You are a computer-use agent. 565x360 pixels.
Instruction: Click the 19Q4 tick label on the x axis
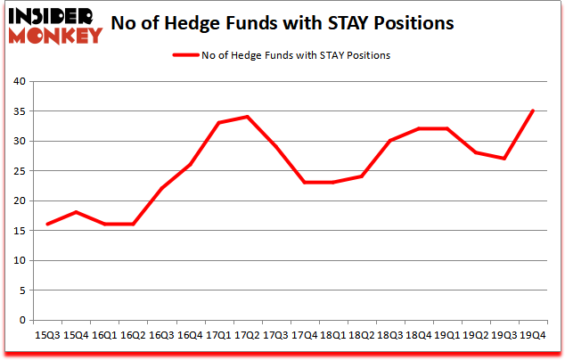coord(534,336)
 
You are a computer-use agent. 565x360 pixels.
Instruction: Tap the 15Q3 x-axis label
coord(46,336)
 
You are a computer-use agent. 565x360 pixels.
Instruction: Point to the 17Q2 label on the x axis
coord(247,336)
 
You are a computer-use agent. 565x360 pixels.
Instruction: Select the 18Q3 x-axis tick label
coord(390,336)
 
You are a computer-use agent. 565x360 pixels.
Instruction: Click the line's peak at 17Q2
coord(247,117)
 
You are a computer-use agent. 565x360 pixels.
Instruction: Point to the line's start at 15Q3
coord(46,225)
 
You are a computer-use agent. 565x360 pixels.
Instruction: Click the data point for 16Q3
coord(161,189)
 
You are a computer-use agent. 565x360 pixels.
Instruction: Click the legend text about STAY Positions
coord(295,55)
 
